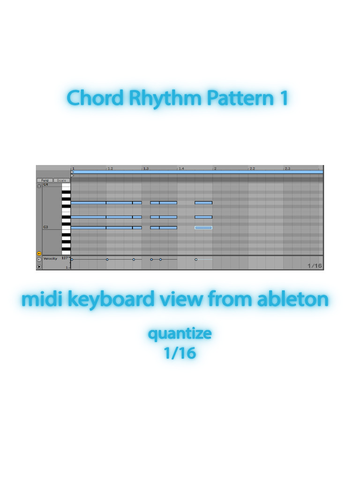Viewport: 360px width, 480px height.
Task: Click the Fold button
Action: (45, 180)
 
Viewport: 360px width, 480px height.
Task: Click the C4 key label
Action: (46, 185)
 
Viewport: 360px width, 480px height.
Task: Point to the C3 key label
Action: (46, 227)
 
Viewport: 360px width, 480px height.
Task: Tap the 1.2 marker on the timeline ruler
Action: (110, 168)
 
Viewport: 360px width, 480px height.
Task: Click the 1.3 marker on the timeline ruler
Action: (146, 168)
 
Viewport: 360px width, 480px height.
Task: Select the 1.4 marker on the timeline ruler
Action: (181, 168)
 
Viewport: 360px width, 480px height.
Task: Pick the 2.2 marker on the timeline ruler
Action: (252, 168)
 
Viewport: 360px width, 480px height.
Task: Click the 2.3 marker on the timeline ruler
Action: (287, 168)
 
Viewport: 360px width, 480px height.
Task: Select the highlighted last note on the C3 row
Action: (203, 228)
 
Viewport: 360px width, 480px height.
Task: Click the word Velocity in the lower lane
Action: (50, 259)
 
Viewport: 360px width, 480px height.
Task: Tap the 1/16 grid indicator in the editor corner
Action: (315, 266)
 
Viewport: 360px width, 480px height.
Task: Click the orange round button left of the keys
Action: (39, 253)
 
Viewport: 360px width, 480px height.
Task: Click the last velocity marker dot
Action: (196, 259)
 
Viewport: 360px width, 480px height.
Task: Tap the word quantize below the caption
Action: (180, 334)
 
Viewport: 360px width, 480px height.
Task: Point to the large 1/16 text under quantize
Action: (180, 352)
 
